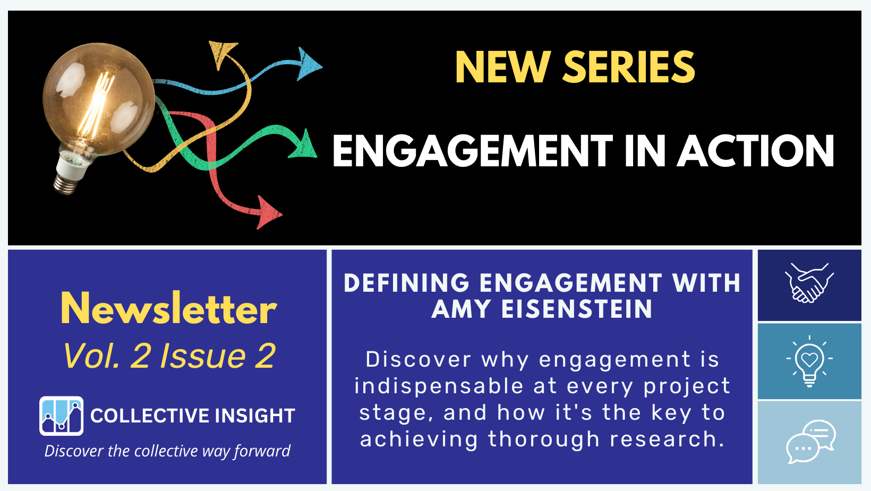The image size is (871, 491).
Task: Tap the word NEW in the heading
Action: [502, 67]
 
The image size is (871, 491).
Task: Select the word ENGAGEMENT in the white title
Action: [473, 151]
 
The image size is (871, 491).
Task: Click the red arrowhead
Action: [268, 213]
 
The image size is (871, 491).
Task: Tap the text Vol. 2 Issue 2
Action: [169, 355]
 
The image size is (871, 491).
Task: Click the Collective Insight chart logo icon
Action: [61, 416]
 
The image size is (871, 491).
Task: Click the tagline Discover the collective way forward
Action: [167, 451]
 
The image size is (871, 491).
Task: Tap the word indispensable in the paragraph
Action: [439, 386]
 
